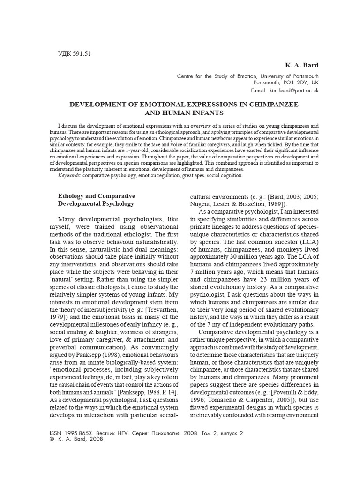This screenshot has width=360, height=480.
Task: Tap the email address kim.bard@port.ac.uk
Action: (293, 90)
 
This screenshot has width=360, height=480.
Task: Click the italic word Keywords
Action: (69, 175)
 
